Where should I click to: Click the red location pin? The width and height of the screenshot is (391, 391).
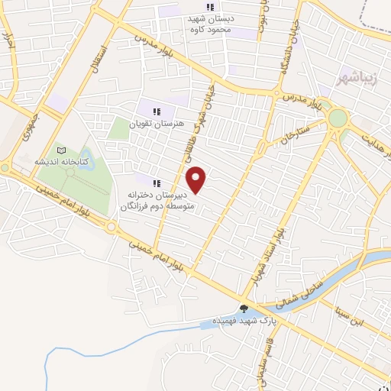tap(198, 179)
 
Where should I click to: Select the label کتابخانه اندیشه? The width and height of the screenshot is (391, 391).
tap(63, 162)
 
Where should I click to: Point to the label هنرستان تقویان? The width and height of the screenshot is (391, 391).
tap(156, 124)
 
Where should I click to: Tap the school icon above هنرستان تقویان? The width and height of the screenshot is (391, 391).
tap(157, 111)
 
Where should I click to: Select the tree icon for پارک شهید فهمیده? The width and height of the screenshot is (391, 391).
tap(244, 309)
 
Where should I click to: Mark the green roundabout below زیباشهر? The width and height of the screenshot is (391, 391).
tap(338, 118)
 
